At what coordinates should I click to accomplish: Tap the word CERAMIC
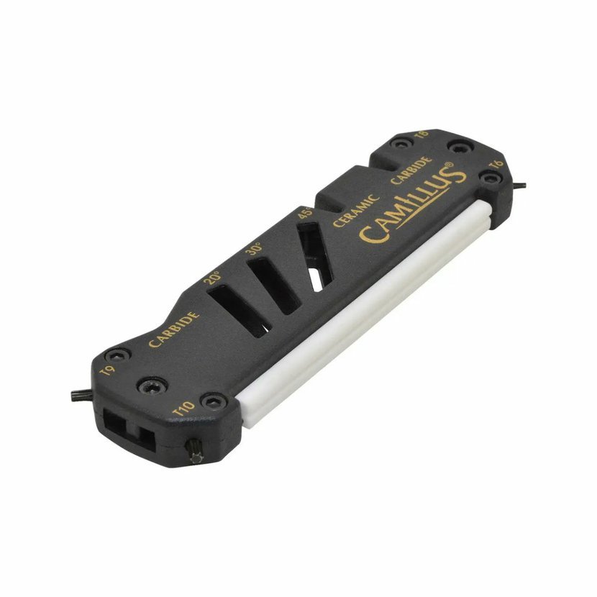[x=356, y=210]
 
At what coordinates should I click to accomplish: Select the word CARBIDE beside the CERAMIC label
[x=411, y=170]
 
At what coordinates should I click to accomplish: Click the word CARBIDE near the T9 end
[x=174, y=329]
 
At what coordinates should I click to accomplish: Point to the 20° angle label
[x=211, y=278]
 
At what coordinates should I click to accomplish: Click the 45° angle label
[x=304, y=213]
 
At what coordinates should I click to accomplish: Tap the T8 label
[x=421, y=135]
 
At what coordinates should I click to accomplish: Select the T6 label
[x=496, y=165]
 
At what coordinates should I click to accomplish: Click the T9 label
[x=107, y=370]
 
